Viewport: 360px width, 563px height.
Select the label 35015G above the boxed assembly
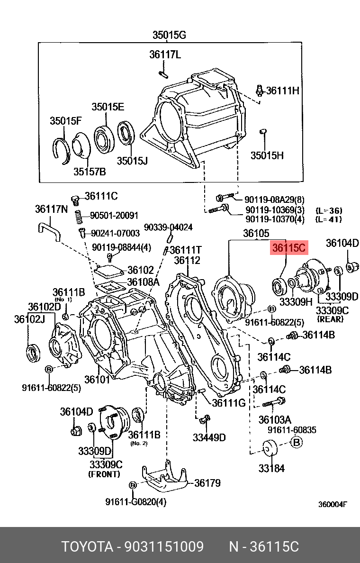(169, 35)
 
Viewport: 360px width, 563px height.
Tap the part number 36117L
(165, 54)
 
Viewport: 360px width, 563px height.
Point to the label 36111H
(282, 90)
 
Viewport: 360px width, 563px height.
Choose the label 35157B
(90, 172)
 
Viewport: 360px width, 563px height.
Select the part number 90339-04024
(168, 227)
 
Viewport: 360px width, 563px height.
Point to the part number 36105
(256, 233)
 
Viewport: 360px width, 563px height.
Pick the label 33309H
(296, 301)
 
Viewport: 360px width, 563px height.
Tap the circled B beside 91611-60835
(296, 443)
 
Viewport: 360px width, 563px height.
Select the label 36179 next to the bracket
(207, 483)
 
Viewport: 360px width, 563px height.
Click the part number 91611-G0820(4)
(136, 501)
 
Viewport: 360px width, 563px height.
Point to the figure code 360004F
(332, 505)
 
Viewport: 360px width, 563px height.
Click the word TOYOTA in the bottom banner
(86, 547)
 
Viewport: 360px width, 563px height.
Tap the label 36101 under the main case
(98, 379)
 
